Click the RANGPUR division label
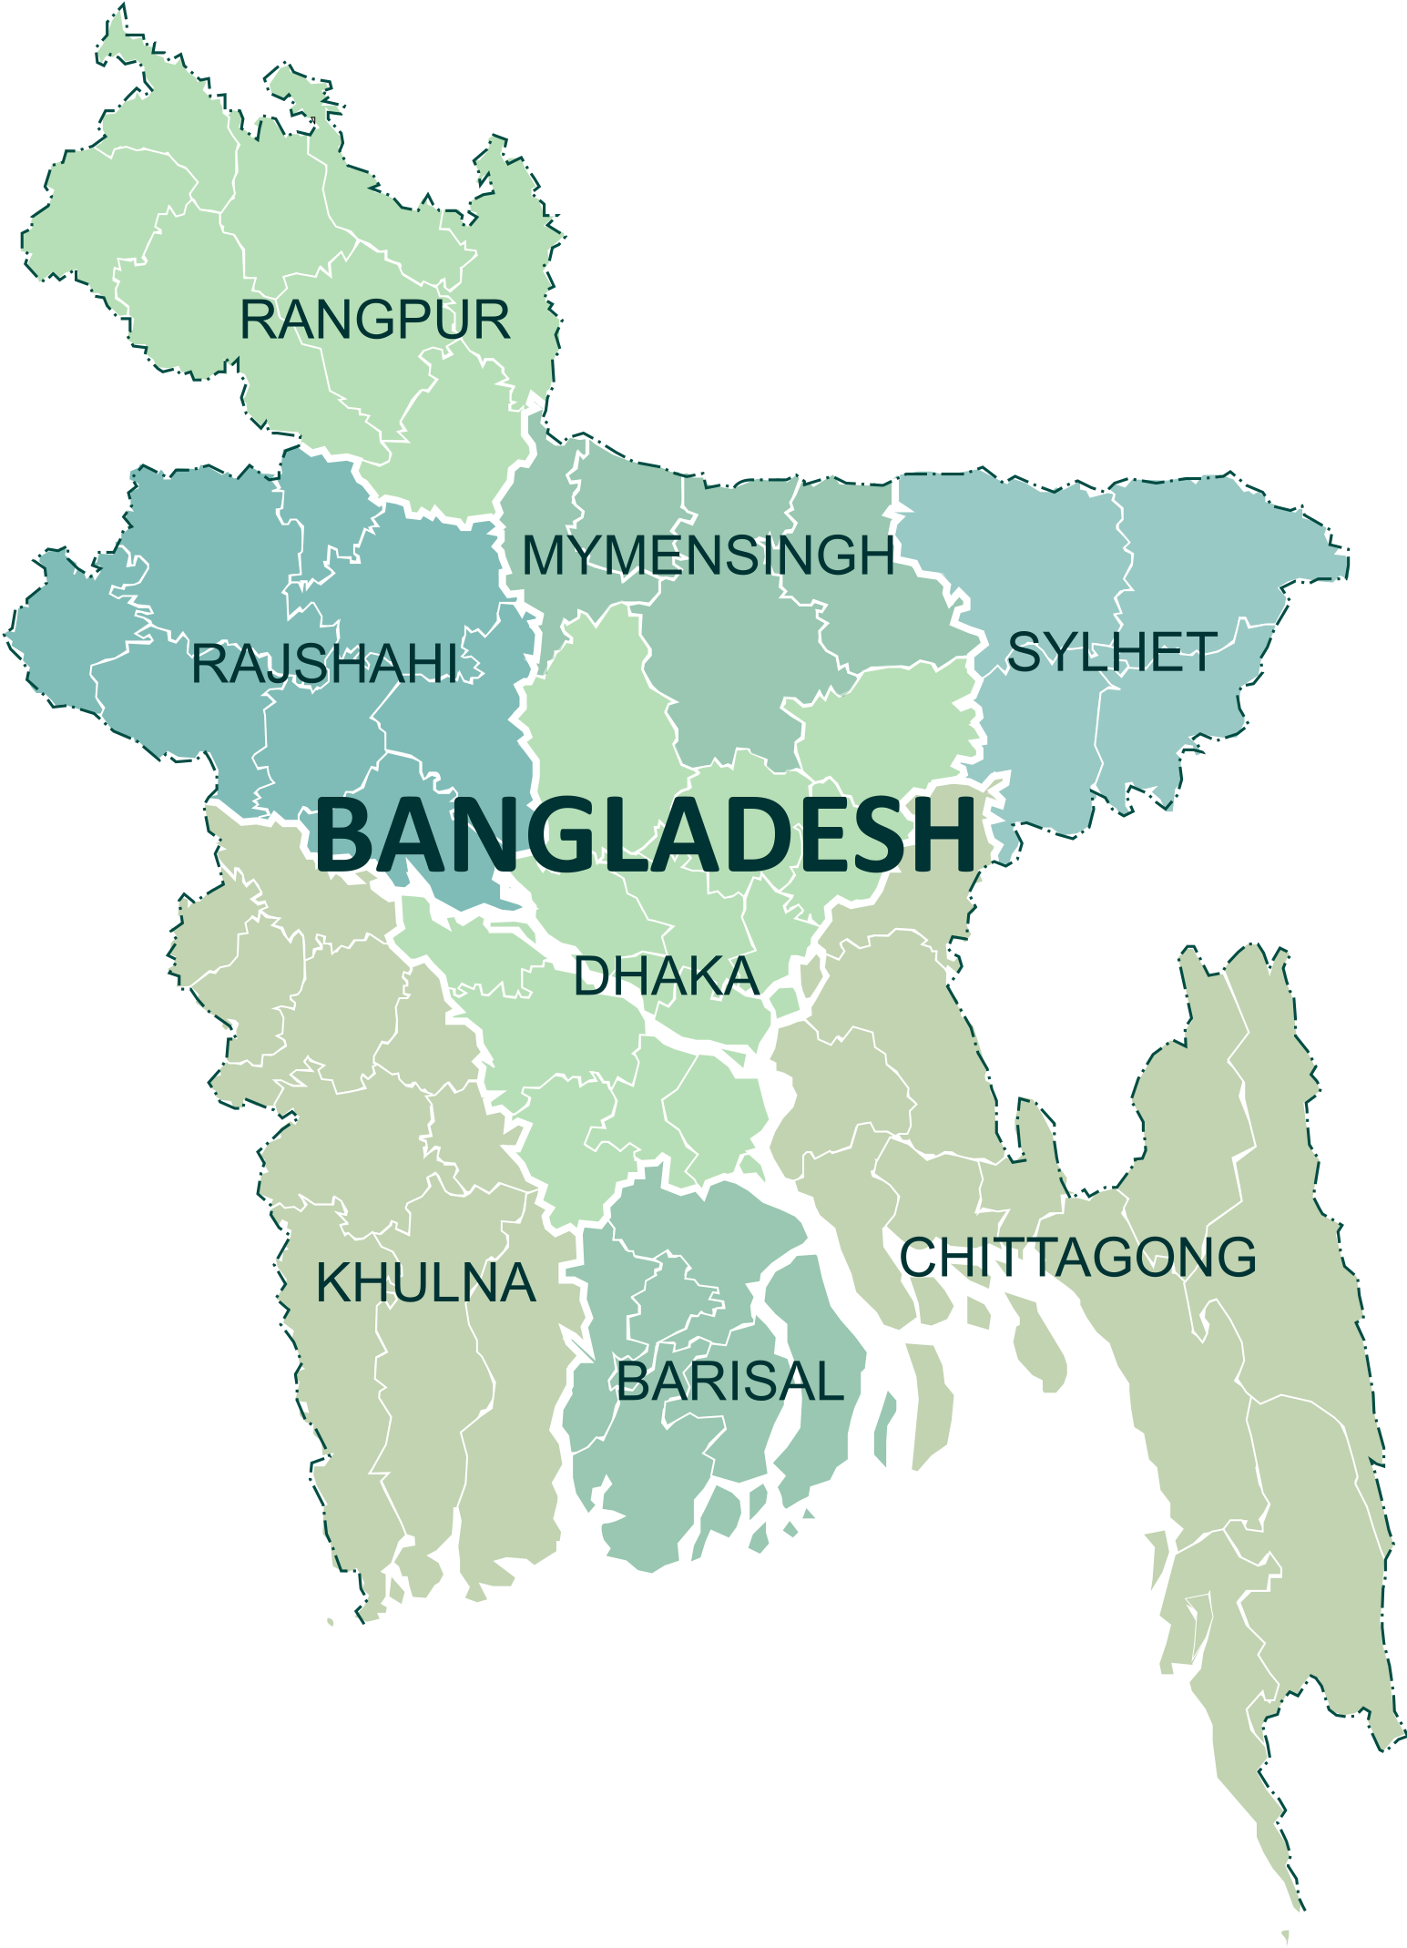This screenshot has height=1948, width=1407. (374, 321)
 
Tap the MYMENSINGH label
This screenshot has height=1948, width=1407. (708, 556)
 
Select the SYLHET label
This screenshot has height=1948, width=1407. (1111, 653)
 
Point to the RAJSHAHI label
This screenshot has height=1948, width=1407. (324, 664)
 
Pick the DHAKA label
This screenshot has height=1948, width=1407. (665, 977)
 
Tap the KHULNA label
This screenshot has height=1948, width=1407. (425, 1283)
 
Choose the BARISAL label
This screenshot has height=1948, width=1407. (730, 1382)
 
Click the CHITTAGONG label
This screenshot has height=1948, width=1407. (1077, 1258)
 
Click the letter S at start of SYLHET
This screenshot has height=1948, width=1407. (1024, 653)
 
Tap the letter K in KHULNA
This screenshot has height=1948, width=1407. (331, 1283)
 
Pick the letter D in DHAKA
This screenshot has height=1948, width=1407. (590, 977)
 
